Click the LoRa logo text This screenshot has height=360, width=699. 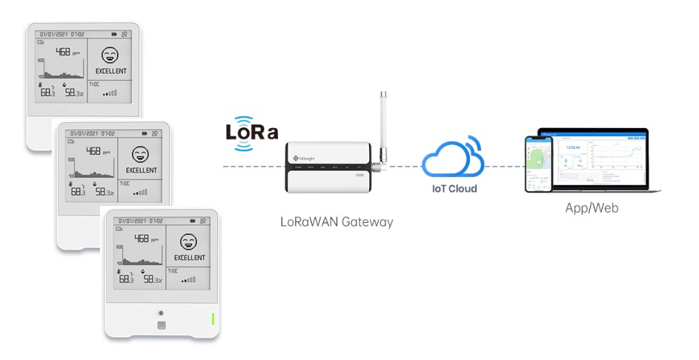tap(252, 133)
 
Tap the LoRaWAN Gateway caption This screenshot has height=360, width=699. tap(336, 221)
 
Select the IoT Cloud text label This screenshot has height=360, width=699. tap(454, 188)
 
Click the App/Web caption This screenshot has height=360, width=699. tap(591, 208)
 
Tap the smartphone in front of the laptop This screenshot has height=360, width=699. tap(538, 164)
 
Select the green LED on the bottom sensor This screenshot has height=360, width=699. tap(213, 319)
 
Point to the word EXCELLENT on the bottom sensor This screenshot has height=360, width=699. tap(189, 258)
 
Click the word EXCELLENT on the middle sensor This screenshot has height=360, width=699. tap(142, 170)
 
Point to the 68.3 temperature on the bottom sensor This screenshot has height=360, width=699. tap(127, 279)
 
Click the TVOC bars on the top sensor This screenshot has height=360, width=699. tap(111, 94)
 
